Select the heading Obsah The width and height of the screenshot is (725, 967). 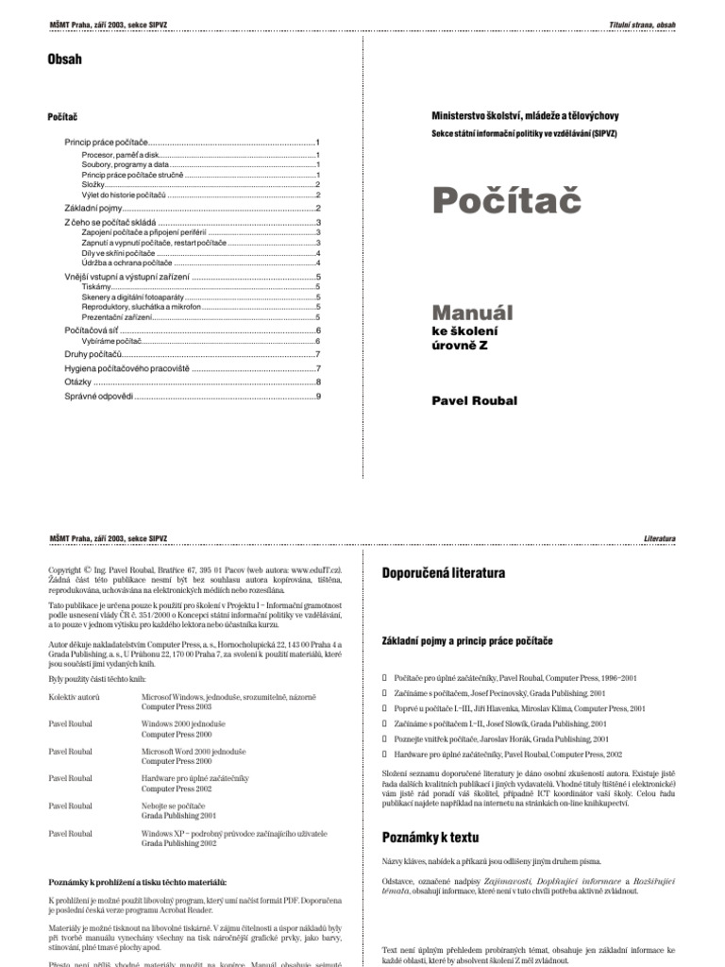pyautogui.click(x=64, y=59)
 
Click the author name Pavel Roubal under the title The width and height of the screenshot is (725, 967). pyautogui.click(x=475, y=401)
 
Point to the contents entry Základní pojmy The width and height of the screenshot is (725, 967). pyautogui.click(x=93, y=208)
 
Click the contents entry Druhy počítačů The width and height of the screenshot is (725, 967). pyautogui.click(x=94, y=353)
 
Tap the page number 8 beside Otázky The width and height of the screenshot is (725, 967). pyautogui.click(x=318, y=382)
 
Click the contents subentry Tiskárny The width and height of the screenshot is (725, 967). pyautogui.click(x=97, y=286)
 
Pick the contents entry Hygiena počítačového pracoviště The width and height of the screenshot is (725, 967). pyautogui.click(x=126, y=368)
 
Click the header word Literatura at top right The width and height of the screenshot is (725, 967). pyautogui.click(x=657, y=537)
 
